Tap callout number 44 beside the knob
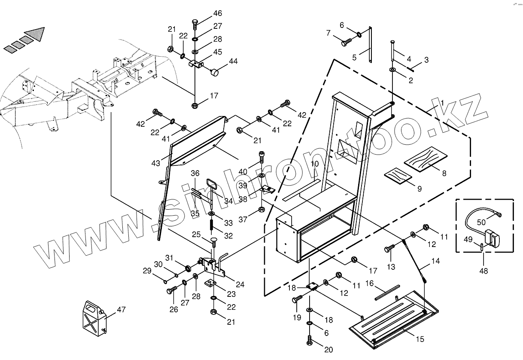point(233,61)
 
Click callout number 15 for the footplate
point(420,339)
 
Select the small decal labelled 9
point(397,176)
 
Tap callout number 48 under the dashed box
point(483,271)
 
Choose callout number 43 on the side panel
point(155,163)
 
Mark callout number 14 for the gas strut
point(435,261)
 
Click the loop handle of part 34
point(212,184)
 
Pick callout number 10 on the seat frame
point(315,164)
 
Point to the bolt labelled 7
point(346,42)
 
